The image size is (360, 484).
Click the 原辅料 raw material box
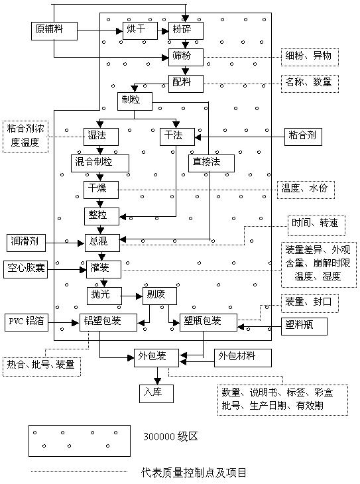[54, 31]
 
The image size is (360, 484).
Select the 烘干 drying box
[140, 30]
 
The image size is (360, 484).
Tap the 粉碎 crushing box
[186, 30]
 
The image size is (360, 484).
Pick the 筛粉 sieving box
[186, 57]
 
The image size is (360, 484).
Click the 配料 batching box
[186, 84]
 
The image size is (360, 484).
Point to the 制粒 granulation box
[135, 101]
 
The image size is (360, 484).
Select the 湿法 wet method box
[101, 137]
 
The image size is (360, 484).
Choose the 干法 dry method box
[177, 137]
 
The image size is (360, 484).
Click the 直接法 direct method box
[211, 163]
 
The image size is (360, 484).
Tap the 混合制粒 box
[99, 163]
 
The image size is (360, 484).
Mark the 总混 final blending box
[102, 243]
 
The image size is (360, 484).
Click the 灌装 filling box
[103, 269]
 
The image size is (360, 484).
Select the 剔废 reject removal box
[160, 296]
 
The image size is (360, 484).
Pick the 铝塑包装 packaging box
[108, 323]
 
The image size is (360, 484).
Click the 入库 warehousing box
[156, 394]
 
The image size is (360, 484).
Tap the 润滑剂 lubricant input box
[27, 243]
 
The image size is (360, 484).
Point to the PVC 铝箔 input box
[27, 322]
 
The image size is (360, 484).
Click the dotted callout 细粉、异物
[310, 57]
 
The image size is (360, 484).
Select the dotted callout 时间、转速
[316, 225]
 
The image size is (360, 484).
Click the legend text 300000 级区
[170, 436]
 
